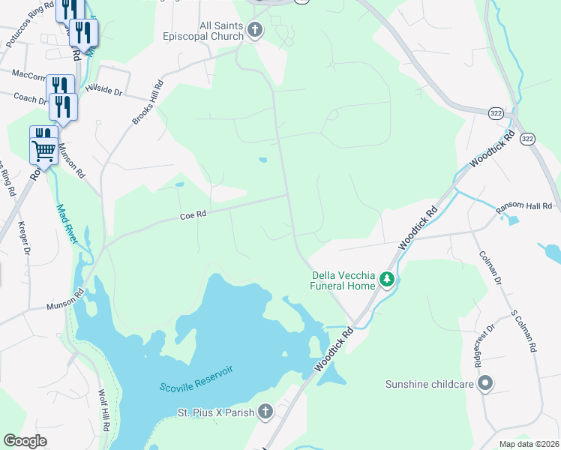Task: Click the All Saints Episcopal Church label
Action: [x=210, y=31]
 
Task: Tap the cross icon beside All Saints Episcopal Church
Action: [x=255, y=31]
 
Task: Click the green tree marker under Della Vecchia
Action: [x=387, y=280]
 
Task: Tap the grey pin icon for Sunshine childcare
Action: [x=485, y=384]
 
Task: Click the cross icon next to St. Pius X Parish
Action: [x=264, y=411]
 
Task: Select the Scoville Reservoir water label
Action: [x=196, y=379]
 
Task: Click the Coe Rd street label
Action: [x=193, y=215]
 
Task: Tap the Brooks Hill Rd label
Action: [x=147, y=103]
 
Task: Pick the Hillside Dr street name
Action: [x=103, y=90]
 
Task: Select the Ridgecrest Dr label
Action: [x=488, y=343]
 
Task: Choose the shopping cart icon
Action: [x=43, y=151]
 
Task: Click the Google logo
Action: [x=25, y=441]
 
